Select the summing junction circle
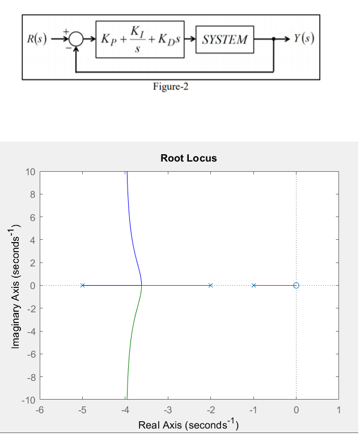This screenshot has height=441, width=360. (76, 39)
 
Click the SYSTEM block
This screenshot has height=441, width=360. (225, 39)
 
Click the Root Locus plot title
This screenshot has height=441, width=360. (189, 158)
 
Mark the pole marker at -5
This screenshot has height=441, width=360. (83, 285)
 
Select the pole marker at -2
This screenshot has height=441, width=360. (211, 285)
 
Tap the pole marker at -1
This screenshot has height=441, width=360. (253, 285)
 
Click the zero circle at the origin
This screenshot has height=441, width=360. (296, 285)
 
